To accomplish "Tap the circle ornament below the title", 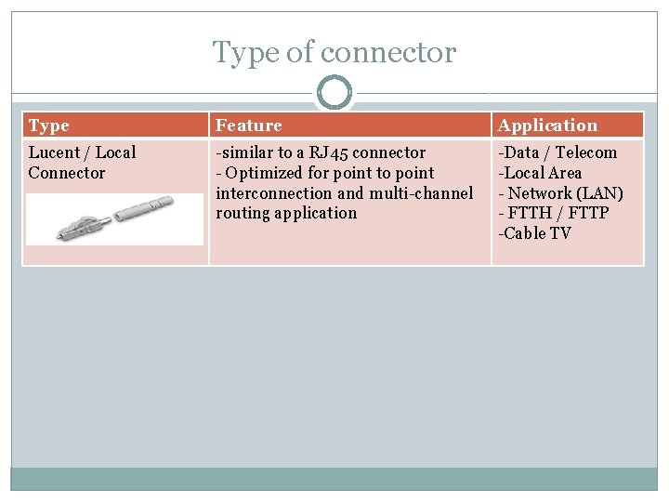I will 334,93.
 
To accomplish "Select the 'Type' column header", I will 48,125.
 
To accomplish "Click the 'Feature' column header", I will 248,125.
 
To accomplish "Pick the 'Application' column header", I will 547,125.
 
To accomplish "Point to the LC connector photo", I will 113,218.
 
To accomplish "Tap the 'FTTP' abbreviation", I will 587,213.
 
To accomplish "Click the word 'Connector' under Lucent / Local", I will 67,173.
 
